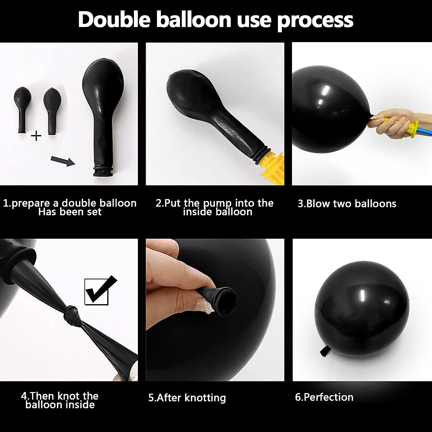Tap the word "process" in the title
[x=315, y=21]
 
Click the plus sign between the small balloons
[x=36, y=136]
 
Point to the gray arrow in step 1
[x=62, y=160]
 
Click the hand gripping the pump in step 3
[x=392, y=124]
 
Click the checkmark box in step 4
[x=96, y=292]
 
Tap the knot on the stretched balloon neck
[x=72, y=317]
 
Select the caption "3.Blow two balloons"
[x=347, y=204]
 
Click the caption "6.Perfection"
[x=324, y=397]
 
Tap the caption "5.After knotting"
[x=187, y=398]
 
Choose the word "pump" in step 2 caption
[x=217, y=203]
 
